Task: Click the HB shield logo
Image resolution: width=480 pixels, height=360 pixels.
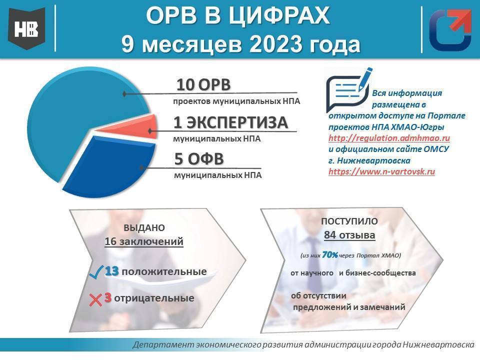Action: [x=27, y=29]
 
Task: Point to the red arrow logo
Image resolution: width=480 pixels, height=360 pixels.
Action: [x=450, y=29]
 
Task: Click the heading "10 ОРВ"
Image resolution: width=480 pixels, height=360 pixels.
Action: [x=203, y=85]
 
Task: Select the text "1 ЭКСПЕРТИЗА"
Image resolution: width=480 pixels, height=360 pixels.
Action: [x=230, y=122]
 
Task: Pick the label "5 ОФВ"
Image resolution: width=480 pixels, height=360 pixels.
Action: [x=199, y=159]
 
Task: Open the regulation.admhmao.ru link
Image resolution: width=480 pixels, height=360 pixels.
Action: [x=389, y=138]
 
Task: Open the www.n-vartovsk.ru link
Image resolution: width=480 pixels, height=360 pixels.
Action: [x=381, y=171]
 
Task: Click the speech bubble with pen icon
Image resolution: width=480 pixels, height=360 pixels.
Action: [x=349, y=89]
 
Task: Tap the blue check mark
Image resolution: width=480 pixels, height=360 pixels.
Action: [x=96, y=272]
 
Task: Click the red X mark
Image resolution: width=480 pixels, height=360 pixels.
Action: [x=95, y=299]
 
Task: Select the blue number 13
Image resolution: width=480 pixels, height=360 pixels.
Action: [x=111, y=271]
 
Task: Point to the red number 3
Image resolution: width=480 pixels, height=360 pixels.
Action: [x=107, y=298]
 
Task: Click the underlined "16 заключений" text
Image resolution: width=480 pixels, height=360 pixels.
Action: [x=144, y=241]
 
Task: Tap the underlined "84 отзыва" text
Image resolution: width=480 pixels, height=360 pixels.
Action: [x=349, y=235]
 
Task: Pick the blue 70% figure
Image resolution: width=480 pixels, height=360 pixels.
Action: [x=330, y=254]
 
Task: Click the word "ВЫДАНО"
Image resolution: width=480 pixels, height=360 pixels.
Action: [x=144, y=228]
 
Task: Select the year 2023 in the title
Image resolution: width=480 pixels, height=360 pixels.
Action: [x=275, y=44]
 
